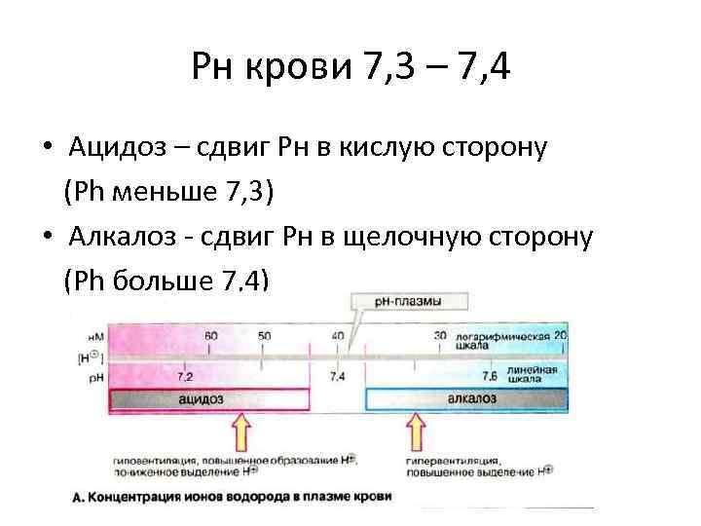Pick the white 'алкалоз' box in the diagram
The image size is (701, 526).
(x=464, y=398)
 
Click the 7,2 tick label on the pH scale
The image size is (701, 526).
(x=184, y=375)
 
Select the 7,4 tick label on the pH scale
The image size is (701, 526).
(x=337, y=375)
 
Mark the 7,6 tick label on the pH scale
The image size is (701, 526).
(x=490, y=375)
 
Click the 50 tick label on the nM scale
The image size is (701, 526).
(x=264, y=335)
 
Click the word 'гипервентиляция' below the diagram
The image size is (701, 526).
(x=451, y=460)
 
